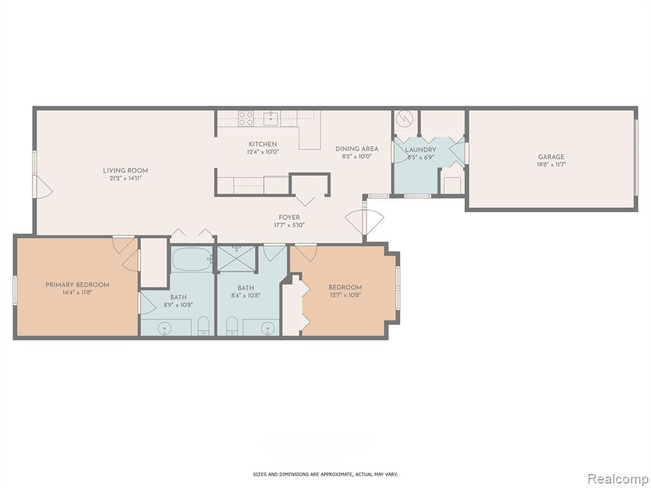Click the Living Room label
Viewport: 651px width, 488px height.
[x=125, y=170]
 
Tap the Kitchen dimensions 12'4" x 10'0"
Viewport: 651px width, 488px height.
[x=263, y=152]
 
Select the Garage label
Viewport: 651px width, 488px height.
[x=551, y=157]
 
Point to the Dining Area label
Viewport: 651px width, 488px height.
[x=357, y=149]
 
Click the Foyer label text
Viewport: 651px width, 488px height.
[x=289, y=217]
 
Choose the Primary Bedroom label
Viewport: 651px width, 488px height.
[x=77, y=285]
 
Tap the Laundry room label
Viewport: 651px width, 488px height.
[x=421, y=150]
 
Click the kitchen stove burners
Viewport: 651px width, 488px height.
[x=246, y=118]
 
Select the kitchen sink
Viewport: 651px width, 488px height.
[x=271, y=118]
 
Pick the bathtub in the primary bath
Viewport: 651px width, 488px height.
[x=192, y=260]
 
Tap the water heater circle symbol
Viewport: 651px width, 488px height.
[x=404, y=119]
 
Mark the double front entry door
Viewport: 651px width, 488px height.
[x=364, y=222]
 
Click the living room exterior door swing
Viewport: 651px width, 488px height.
[x=43, y=186]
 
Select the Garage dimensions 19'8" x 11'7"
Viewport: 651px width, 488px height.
[x=551, y=165]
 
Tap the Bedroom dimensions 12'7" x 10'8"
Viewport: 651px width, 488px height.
[x=345, y=295]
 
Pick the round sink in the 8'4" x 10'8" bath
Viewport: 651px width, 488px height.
[x=270, y=329]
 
